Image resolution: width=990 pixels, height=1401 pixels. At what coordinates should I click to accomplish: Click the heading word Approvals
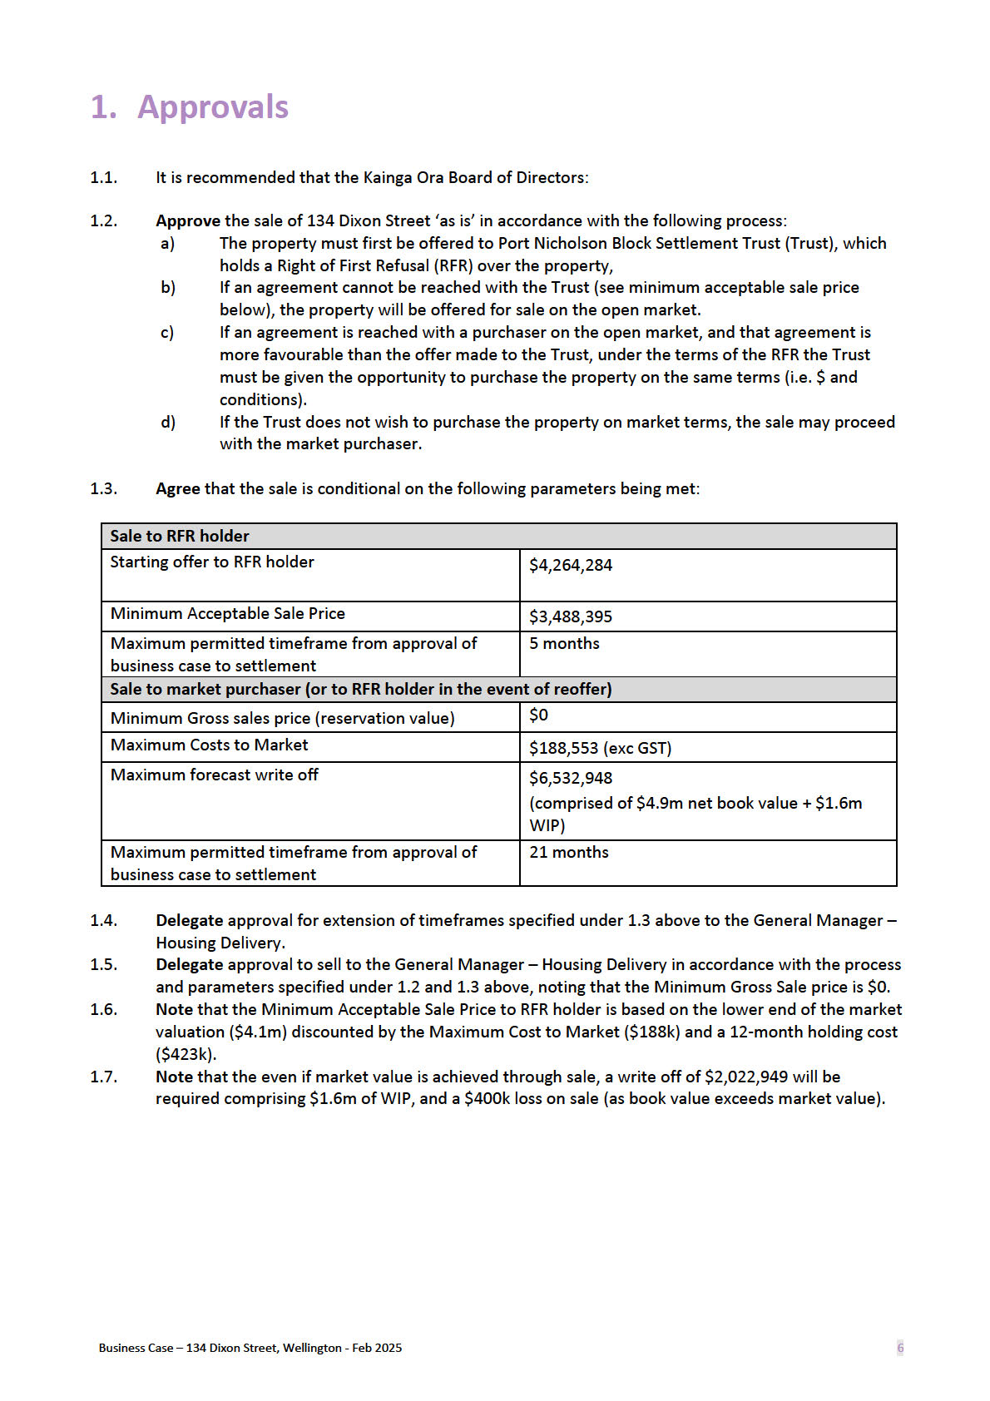213,107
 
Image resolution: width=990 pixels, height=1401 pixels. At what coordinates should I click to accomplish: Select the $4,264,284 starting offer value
571,566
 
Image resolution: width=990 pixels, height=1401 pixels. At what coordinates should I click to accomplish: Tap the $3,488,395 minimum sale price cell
571,617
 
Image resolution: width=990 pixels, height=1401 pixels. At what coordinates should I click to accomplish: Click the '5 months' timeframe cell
564,644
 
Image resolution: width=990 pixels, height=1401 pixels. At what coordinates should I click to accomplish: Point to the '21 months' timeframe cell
569,853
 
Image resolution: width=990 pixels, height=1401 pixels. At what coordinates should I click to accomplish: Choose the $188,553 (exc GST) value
600,748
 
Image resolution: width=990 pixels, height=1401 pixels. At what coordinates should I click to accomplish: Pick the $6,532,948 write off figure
571,779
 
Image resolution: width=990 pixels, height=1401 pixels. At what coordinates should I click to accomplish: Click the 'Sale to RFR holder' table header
180,537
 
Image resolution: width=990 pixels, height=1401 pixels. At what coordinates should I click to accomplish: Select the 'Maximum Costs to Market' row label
209,745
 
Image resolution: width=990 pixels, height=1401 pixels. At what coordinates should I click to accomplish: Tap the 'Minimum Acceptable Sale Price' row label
227,614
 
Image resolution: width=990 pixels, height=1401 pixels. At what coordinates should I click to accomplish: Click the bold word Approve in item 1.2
188,221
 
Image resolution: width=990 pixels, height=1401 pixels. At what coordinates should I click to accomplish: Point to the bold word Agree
178,489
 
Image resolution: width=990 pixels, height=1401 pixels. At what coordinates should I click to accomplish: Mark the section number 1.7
104,1077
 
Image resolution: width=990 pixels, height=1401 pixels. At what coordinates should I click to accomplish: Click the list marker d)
168,423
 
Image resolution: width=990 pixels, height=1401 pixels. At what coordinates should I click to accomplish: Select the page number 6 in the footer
900,1348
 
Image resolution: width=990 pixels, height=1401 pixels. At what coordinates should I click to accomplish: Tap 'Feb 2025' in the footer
377,1348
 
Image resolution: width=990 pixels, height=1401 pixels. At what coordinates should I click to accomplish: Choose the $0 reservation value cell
539,715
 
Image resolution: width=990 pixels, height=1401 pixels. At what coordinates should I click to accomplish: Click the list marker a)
168,244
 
